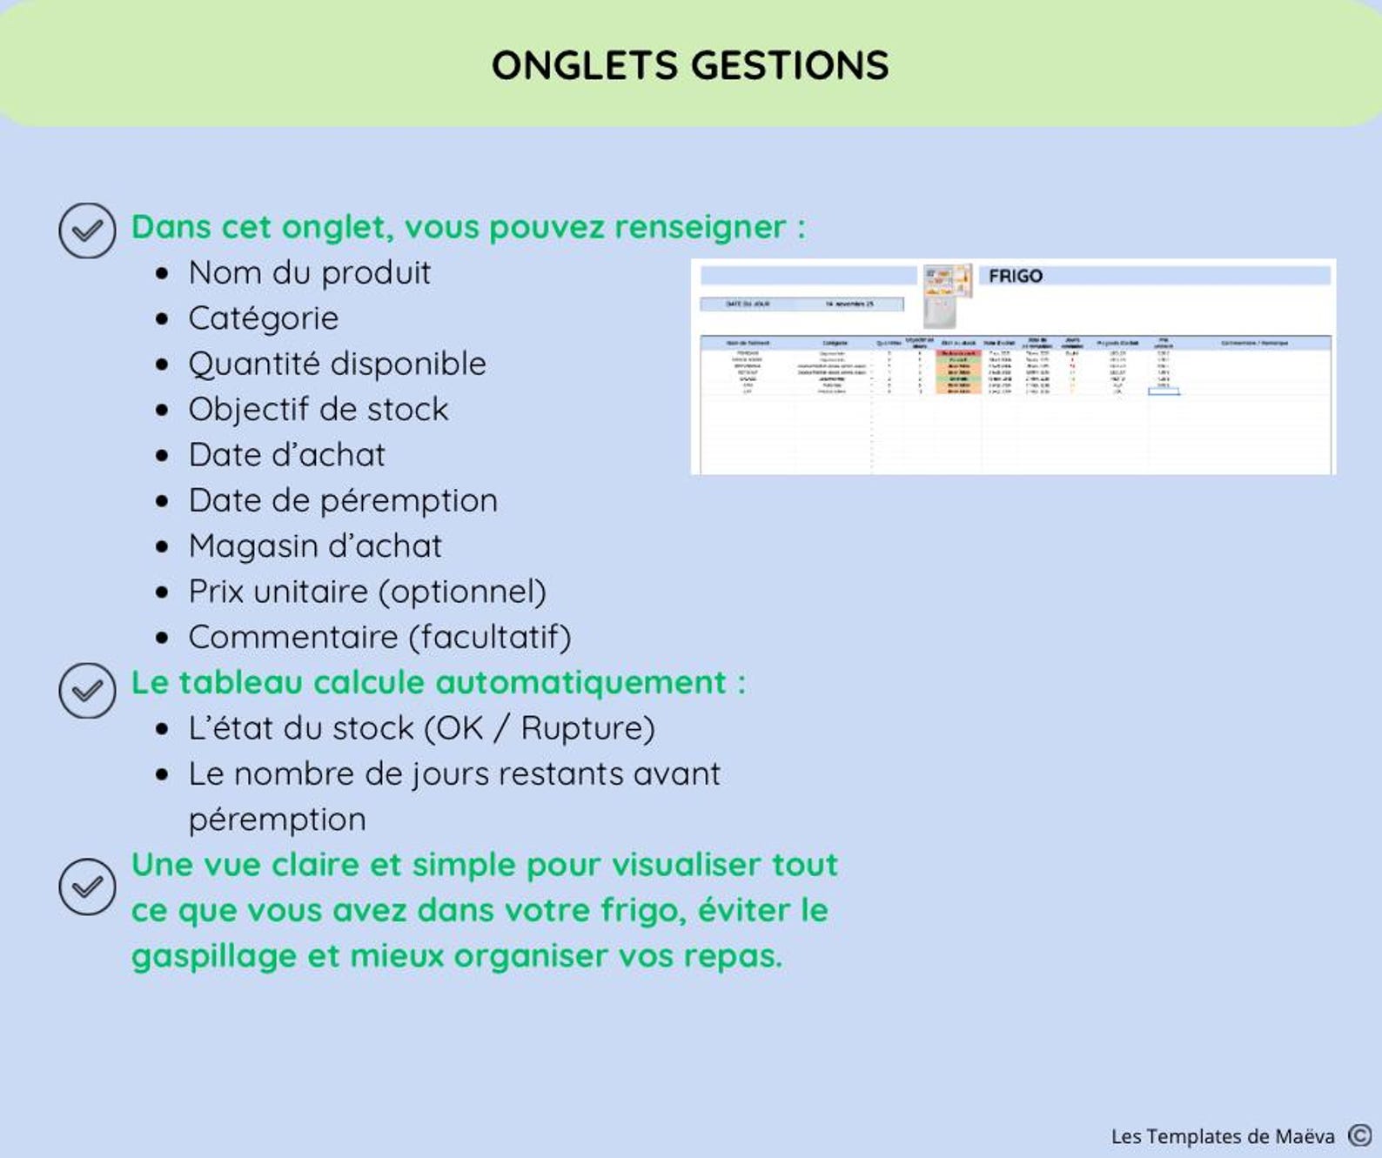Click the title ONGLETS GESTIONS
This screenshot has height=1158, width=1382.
point(690,65)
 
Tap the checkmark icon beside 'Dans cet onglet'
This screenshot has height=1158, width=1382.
point(87,231)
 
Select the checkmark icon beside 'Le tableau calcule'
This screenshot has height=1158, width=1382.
point(87,691)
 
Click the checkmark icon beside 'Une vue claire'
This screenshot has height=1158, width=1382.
point(87,887)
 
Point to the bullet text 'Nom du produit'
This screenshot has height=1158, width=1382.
point(309,273)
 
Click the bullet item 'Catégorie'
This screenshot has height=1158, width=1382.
point(263,318)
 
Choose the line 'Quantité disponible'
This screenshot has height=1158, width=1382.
point(337,364)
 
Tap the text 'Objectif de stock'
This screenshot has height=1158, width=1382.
point(318,410)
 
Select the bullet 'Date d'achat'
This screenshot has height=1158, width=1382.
point(286,455)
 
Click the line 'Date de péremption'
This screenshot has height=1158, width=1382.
point(343,501)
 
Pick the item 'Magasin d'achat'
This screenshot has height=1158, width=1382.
point(315,546)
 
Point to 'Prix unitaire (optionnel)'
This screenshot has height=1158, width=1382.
point(367,592)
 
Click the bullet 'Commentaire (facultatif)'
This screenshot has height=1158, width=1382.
point(379,638)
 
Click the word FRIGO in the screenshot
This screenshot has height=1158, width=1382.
point(1015,276)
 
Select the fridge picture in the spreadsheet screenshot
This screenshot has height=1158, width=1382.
point(947,293)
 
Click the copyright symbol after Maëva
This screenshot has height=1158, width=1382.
point(1359,1135)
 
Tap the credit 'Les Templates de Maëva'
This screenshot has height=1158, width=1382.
point(1222,1136)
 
